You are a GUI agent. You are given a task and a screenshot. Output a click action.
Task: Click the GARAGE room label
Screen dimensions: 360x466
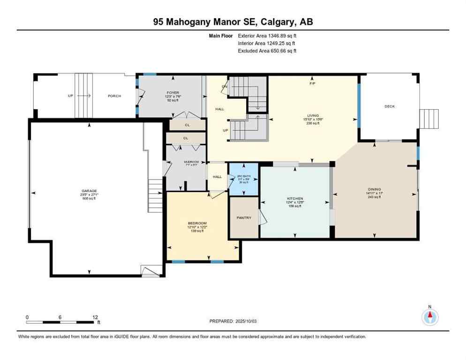pyautogui.click(x=89, y=191)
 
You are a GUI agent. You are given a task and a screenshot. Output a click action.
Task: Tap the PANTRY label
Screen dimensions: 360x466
pyautogui.click(x=244, y=217)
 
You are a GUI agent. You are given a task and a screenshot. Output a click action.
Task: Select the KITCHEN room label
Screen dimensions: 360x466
pyautogui.click(x=295, y=199)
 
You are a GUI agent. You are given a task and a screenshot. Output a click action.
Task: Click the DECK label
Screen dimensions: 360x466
pyautogui.click(x=390, y=106)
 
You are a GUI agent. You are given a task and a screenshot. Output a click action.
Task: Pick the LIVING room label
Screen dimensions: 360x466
pyautogui.click(x=313, y=115)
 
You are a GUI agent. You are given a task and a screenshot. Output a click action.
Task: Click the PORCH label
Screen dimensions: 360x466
pyautogui.click(x=114, y=96)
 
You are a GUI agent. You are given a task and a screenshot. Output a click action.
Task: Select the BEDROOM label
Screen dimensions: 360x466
pyautogui.click(x=197, y=223)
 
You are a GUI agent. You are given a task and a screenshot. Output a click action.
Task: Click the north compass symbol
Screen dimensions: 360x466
pyautogui.click(x=429, y=317)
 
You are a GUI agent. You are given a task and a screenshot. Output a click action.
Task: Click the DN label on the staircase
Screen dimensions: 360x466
pyautogui.click(x=225, y=87)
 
